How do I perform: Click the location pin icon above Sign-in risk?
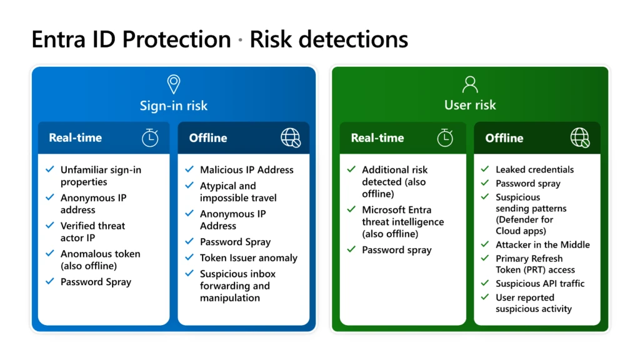click(x=174, y=84)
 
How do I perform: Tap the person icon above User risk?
click(x=469, y=84)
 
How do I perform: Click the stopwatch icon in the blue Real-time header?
click(x=150, y=138)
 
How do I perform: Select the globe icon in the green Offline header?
click(x=580, y=138)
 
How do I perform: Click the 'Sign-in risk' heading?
click(x=174, y=105)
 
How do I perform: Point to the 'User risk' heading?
click(x=469, y=105)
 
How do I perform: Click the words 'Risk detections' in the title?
click(x=329, y=39)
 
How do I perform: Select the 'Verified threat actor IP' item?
click(x=92, y=232)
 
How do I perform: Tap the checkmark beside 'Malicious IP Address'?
click(x=189, y=169)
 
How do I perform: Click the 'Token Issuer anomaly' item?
click(x=248, y=257)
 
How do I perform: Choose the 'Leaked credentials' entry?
click(x=534, y=169)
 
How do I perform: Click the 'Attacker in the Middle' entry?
click(x=542, y=244)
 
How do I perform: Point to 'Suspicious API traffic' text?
click(x=540, y=283)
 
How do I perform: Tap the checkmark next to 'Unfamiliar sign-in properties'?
click(x=50, y=169)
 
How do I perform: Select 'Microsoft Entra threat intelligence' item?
click(x=402, y=222)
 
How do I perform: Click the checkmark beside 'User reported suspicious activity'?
click(x=484, y=297)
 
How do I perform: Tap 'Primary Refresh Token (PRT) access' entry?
click(x=535, y=264)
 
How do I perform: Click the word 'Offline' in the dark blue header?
click(x=208, y=138)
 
